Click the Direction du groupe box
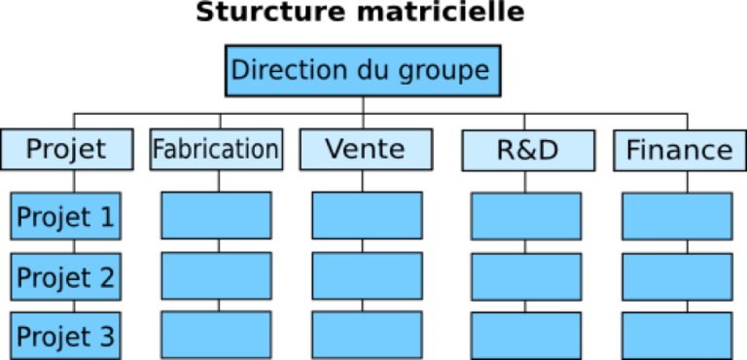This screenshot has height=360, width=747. coord(362,71)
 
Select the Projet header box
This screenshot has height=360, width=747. coord(66,150)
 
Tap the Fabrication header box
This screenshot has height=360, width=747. coord(216,150)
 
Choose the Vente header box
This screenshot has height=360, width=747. coord(366,150)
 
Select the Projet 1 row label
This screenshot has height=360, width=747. coord(65,216)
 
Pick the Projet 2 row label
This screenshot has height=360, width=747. coord(65,276)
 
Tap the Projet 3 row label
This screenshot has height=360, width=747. coord(65,336)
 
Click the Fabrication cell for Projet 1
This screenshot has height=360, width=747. coord(216,216)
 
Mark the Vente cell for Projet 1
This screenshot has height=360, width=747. coord(367,216)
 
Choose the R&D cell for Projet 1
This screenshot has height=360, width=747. coord(526,216)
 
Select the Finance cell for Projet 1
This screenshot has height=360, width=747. coord(677,216)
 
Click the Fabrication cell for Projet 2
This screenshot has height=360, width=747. coord(216,276)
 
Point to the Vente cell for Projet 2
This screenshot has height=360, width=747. coord(367,276)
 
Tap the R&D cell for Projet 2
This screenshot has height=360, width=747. coord(526,276)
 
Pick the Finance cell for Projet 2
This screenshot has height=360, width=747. coord(677,276)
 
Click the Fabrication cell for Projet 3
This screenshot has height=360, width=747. coord(216,336)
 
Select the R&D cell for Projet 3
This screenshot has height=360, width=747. coord(526,336)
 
